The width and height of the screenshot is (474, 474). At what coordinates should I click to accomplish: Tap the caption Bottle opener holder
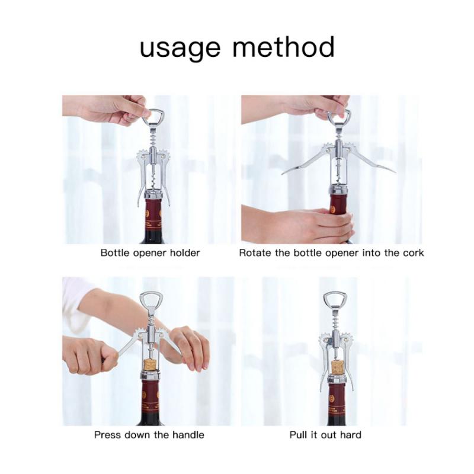150,253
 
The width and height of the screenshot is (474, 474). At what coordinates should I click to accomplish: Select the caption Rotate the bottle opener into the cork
331,253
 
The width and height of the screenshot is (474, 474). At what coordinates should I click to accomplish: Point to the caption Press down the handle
149,435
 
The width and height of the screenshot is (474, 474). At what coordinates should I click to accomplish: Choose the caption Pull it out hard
325,435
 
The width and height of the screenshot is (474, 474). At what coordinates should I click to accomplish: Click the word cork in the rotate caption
414,253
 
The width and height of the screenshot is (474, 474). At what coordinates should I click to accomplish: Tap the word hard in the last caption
350,435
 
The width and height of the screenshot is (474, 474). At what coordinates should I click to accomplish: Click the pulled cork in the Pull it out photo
337,367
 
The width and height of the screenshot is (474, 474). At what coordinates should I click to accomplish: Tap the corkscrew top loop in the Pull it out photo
335,300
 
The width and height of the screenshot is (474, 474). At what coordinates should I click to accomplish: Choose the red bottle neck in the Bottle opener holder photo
153,216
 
